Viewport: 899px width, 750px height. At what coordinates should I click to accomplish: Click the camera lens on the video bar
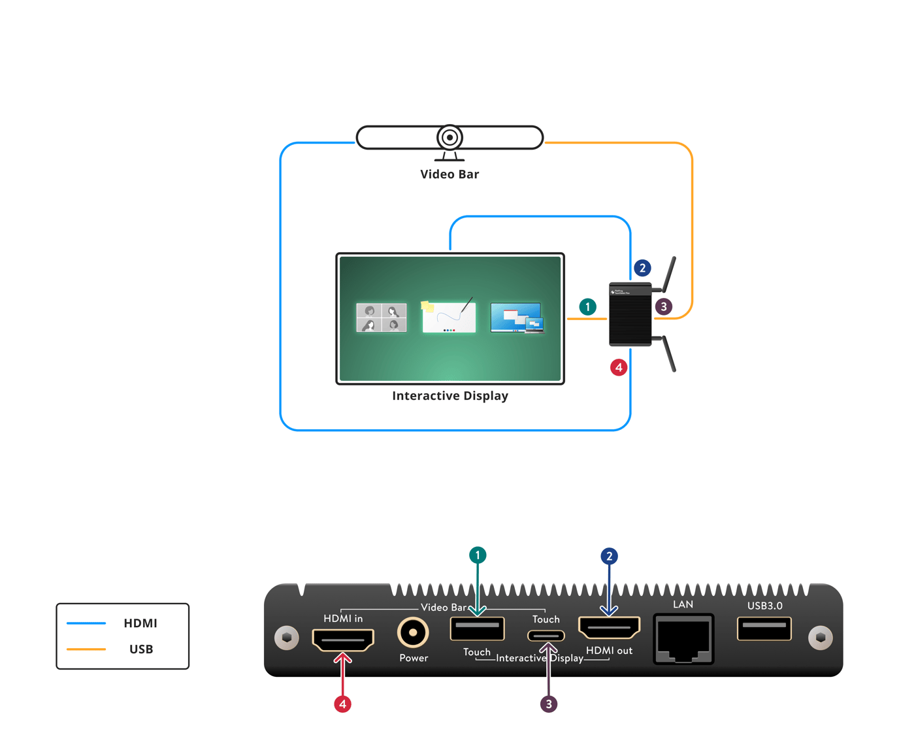[449, 138]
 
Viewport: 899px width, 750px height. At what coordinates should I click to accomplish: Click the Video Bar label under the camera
[449, 174]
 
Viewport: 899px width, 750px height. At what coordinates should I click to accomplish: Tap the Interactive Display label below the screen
[449, 396]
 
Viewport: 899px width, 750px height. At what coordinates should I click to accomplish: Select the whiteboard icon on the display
[449, 316]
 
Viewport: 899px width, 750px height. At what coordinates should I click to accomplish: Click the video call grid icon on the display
[382, 318]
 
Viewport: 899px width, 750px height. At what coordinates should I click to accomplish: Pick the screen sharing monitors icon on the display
[517, 318]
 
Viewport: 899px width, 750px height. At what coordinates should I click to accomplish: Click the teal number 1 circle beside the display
[587, 307]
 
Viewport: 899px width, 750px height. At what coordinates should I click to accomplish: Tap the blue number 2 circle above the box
[642, 268]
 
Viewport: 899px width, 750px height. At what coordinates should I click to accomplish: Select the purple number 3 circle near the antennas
[664, 306]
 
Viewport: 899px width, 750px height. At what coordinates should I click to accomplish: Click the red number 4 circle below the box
[619, 367]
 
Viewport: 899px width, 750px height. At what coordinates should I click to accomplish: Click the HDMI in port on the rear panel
[343, 640]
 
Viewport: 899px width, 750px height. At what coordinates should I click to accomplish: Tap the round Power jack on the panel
[413, 632]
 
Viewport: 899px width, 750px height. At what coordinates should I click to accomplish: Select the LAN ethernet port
[683, 639]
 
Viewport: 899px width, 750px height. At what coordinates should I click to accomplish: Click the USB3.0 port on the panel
[764, 628]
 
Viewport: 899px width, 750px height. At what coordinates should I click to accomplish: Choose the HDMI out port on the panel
[609, 628]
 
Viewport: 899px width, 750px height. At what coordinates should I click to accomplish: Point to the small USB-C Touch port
[546, 635]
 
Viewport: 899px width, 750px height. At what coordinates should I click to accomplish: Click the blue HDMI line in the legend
[86, 623]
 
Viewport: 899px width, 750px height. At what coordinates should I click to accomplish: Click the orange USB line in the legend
[86, 649]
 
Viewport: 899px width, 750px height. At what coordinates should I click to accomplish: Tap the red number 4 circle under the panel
[343, 704]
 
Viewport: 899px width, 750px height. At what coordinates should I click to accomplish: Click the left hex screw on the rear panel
[286, 638]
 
